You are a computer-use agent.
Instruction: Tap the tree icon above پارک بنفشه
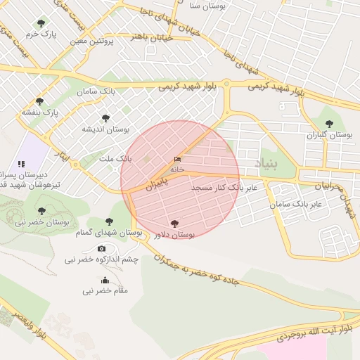(39, 101)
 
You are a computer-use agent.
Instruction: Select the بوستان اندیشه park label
(106, 129)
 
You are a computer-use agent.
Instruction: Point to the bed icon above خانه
(176, 160)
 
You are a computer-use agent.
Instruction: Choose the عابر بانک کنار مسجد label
(224, 188)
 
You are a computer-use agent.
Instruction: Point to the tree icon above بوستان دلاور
(174, 224)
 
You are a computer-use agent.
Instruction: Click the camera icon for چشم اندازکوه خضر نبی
(102, 249)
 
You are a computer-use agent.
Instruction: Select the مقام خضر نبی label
(105, 290)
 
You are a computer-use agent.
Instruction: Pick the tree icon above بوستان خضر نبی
(42, 210)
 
